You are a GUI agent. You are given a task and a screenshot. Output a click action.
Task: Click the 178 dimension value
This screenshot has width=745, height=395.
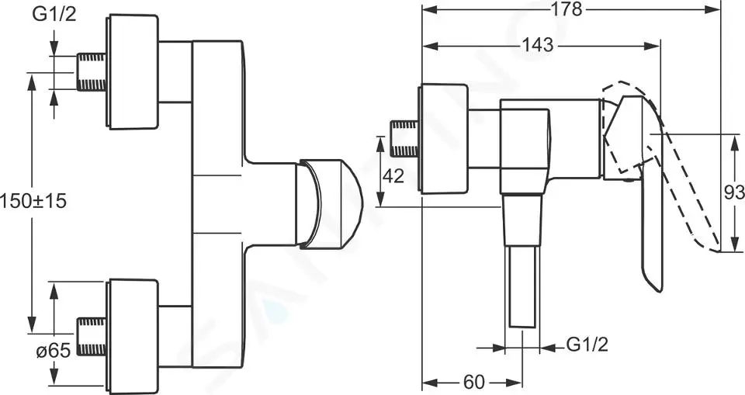[567, 9]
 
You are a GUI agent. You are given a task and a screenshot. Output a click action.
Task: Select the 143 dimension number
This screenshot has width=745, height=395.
[538, 45]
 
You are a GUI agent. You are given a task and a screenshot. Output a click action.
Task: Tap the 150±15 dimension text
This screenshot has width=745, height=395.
[33, 202]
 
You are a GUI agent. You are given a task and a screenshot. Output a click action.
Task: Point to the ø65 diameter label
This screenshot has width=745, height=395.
[54, 352]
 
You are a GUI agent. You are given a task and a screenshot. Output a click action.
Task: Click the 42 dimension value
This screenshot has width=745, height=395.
[393, 176]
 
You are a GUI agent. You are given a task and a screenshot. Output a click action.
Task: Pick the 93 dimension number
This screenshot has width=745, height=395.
[734, 193]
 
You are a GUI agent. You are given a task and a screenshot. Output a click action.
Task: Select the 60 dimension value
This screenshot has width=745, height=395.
[473, 382]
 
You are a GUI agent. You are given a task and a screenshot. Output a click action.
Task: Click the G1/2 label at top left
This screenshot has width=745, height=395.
[54, 14]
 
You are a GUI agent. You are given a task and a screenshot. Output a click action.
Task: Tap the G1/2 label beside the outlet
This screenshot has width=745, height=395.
[587, 344]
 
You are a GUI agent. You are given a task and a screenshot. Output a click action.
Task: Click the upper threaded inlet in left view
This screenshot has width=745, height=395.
[92, 72]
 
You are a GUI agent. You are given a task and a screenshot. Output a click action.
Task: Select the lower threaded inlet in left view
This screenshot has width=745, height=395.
[92, 337]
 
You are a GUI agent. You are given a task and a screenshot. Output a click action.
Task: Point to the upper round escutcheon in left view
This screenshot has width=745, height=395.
[132, 71]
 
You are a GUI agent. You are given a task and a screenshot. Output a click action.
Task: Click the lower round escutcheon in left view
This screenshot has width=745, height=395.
[132, 337]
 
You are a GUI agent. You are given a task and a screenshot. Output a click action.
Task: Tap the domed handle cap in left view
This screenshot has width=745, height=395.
[329, 204]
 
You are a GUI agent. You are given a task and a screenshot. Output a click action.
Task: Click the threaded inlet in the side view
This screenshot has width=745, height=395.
[404, 139]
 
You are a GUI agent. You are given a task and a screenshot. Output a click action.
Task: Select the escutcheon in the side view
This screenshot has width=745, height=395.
[443, 139]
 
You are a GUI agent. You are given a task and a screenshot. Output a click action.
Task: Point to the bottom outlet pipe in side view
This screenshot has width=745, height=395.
[522, 286]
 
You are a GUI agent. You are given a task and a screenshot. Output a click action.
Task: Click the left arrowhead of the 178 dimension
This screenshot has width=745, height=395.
[428, 9]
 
